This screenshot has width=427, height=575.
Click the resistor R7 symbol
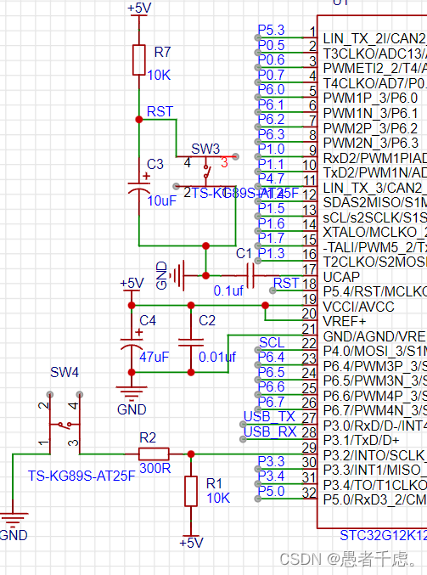pos(139,60)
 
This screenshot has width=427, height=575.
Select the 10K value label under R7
pos(159,74)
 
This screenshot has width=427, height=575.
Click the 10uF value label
pos(161,201)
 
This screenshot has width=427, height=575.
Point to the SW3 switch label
pos(205,149)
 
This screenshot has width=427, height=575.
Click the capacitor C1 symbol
pos(248,275)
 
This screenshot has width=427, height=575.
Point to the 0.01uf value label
pos(216,357)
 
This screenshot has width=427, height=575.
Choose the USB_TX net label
pos(268,416)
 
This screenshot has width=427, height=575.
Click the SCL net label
pos(272,342)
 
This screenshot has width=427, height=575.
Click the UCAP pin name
pos(340,277)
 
